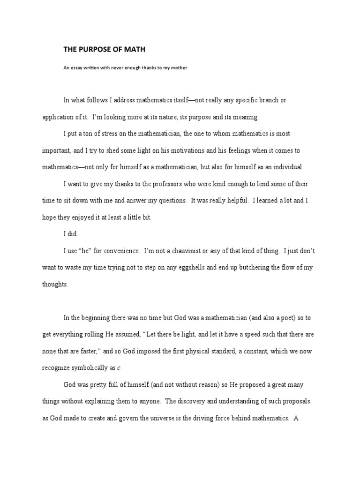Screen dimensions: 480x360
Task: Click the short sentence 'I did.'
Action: coord(70,233)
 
